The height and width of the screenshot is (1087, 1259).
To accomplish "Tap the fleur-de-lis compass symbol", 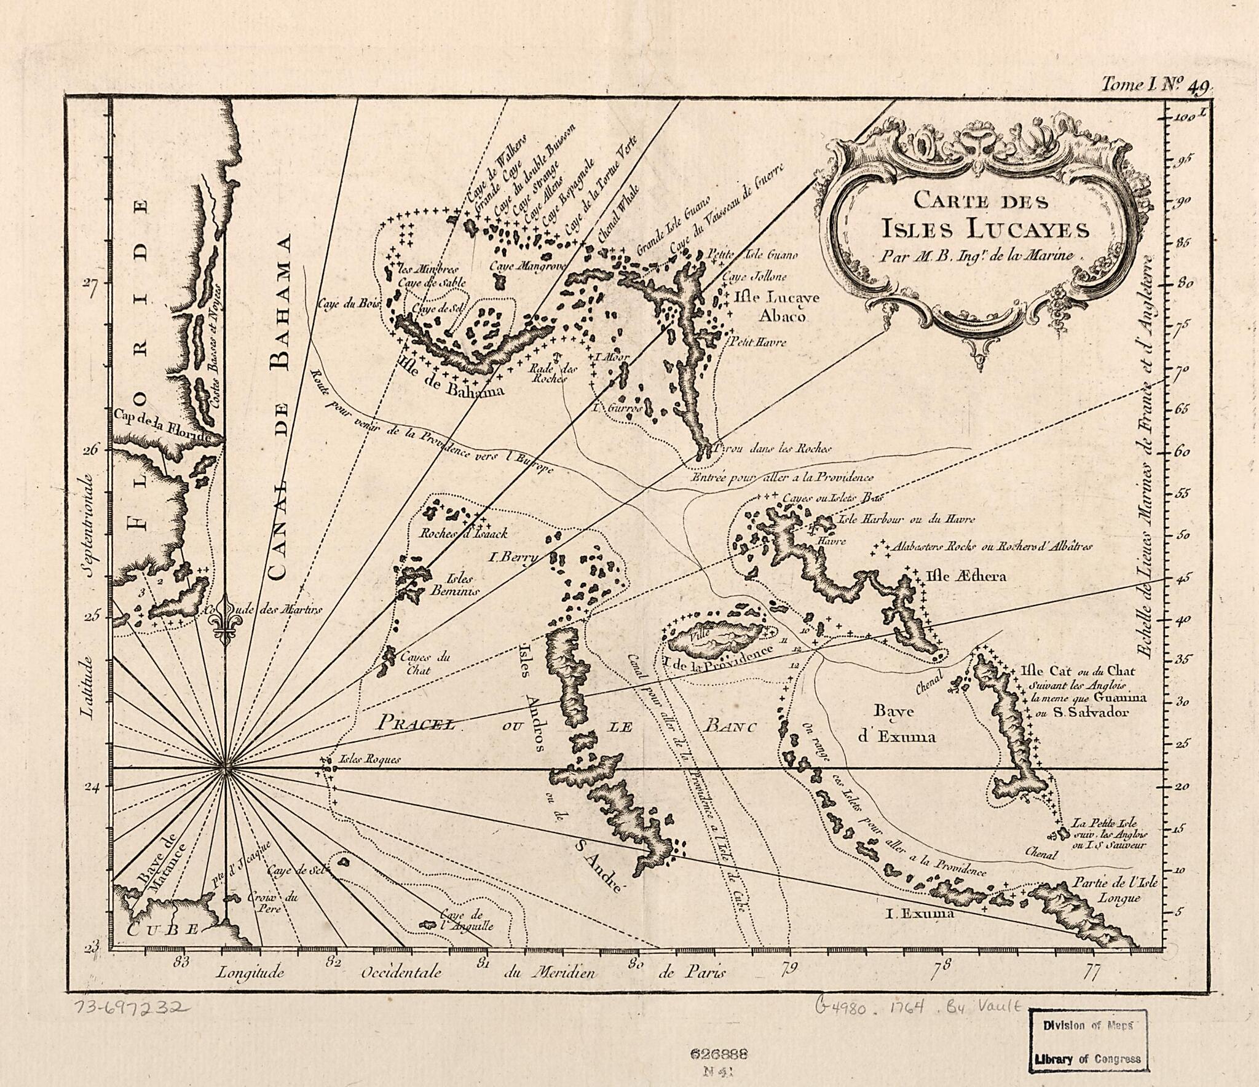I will tap(226, 622).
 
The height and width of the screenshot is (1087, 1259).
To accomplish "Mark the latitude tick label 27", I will tap(91, 288).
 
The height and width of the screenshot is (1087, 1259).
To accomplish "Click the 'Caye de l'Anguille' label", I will tap(466, 920).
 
